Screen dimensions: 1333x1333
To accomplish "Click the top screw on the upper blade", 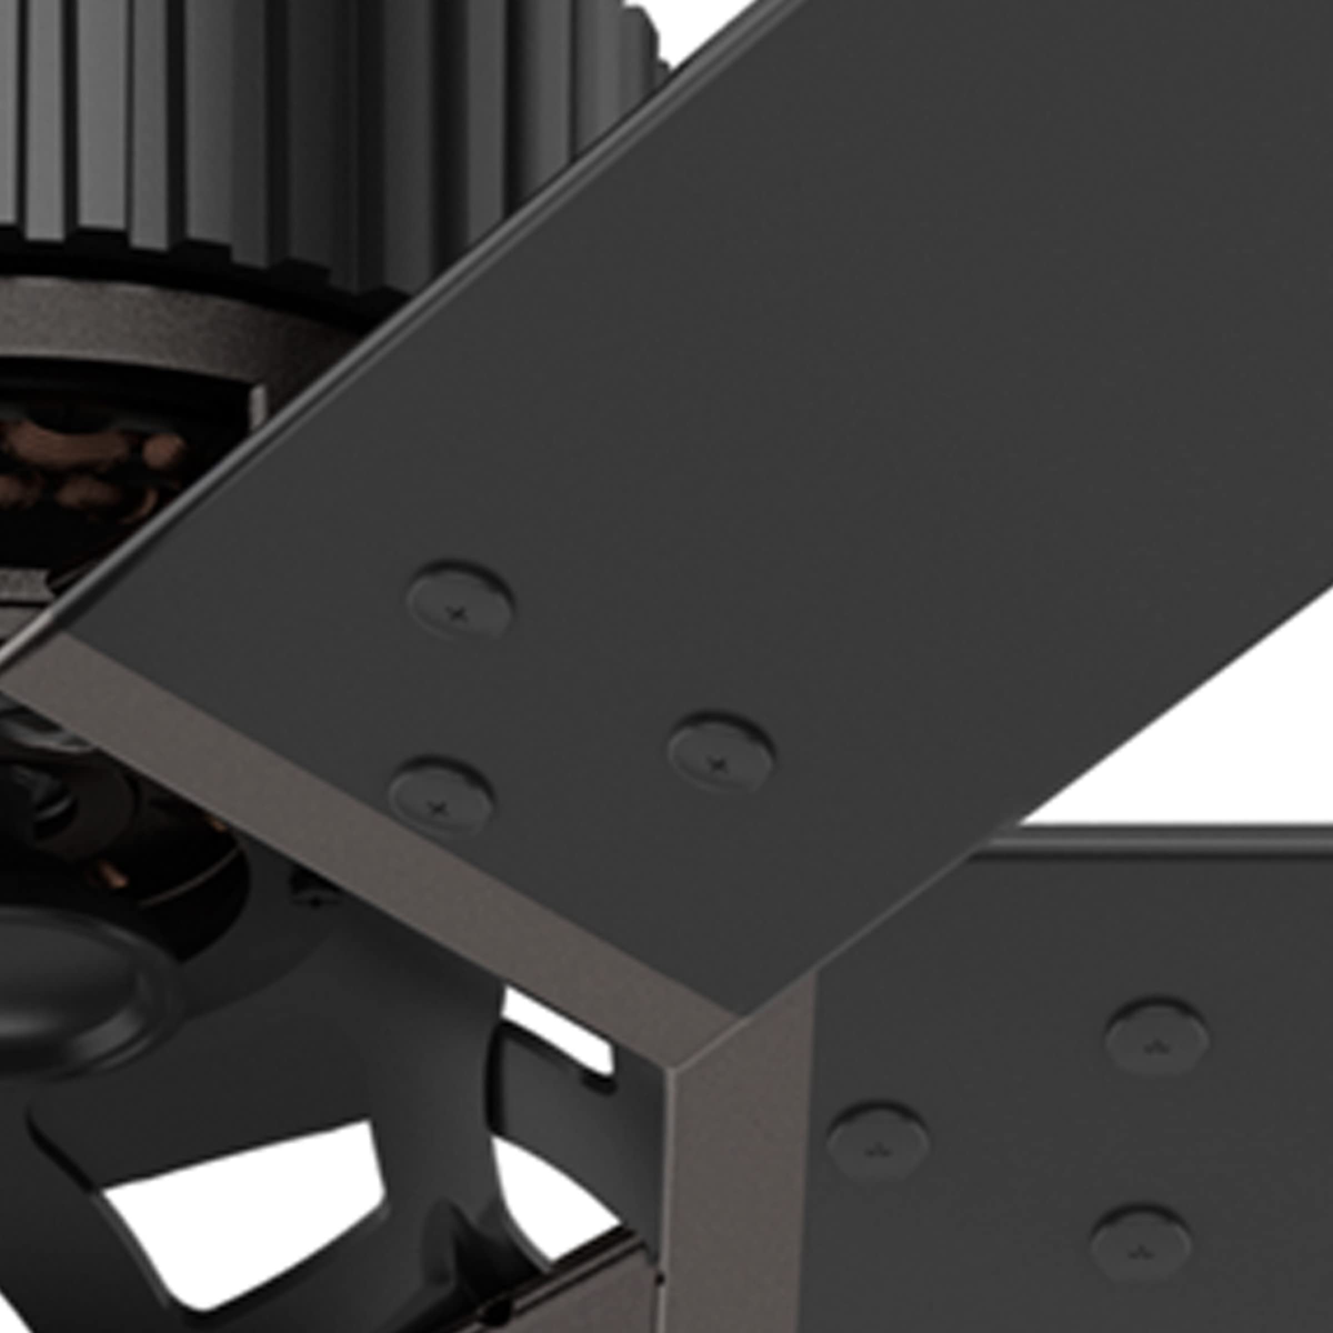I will coord(459,599).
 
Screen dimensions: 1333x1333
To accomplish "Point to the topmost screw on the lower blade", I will coord(1156,1036).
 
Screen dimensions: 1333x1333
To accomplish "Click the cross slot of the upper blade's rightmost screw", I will coord(720,761).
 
